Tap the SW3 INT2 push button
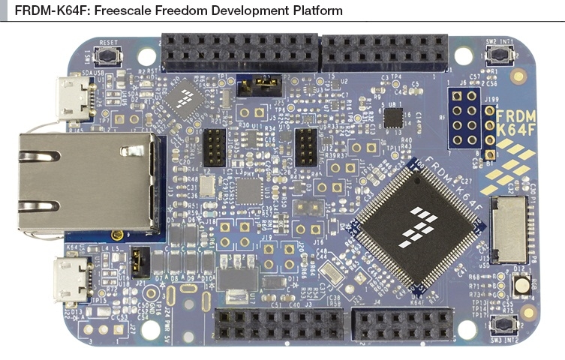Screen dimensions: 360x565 pyautogui.click(x=500, y=325)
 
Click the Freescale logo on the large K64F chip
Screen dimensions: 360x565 pyautogui.click(x=416, y=225)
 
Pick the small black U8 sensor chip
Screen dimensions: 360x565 pyautogui.click(x=392, y=117)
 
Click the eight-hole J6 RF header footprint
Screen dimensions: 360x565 pyautogui.click(x=463, y=118)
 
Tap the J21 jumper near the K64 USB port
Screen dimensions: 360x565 pyautogui.click(x=137, y=262)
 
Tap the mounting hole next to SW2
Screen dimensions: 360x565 pyautogui.click(x=464, y=55)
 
